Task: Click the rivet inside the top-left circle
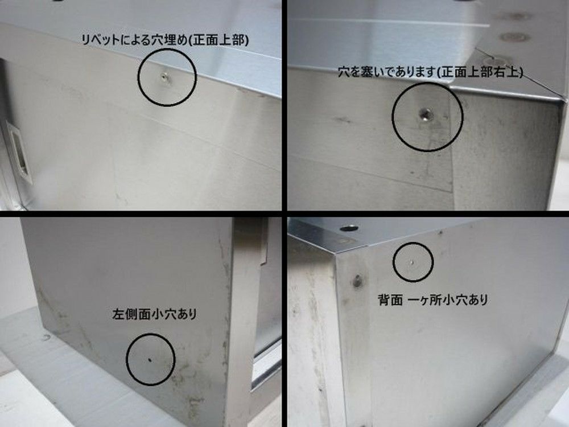pyautogui.click(x=165, y=77)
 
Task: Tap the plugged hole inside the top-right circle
pyautogui.click(x=425, y=115)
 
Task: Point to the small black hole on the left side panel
pyautogui.click(x=150, y=360)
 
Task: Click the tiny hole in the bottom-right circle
pyautogui.click(x=413, y=261)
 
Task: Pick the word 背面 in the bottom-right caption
pyautogui.click(x=390, y=300)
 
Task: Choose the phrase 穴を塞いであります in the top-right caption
pyautogui.click(x=387, y=72)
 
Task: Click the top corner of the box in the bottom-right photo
pyautogui.click(x=336, y=253)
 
